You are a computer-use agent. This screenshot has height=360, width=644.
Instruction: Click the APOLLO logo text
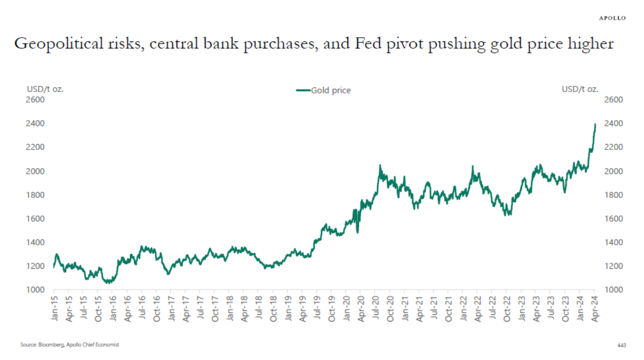click(612, 18)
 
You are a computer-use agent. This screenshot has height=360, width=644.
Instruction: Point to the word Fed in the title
click(368, 43)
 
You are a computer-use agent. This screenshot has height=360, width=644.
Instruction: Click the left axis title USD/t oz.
click(45, 89)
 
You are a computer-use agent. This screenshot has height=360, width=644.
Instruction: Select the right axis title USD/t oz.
click(580, 89)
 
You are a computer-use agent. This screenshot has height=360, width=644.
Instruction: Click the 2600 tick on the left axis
click(35, 100)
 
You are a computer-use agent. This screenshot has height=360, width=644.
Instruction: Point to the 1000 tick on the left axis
click(35, 290)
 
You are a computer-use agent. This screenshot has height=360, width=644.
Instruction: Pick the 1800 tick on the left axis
click(35, 195)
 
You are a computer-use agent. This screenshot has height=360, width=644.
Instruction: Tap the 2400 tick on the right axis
click(613, 123)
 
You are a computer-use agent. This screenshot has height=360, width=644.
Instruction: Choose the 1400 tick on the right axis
click(613, 242)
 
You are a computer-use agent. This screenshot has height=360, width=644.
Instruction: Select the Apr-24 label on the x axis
click(595, 308)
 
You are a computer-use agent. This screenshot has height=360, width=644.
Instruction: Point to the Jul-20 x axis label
click(376, 308)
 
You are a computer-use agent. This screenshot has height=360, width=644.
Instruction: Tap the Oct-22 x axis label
click(507, 308)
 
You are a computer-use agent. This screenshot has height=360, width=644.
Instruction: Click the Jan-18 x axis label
click(230, 308)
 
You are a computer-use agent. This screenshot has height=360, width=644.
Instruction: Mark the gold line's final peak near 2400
click(595, 124)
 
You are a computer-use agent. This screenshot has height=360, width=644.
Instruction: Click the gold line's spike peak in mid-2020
click(380, 165)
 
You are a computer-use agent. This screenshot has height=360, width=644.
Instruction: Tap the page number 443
click(621, 345)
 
